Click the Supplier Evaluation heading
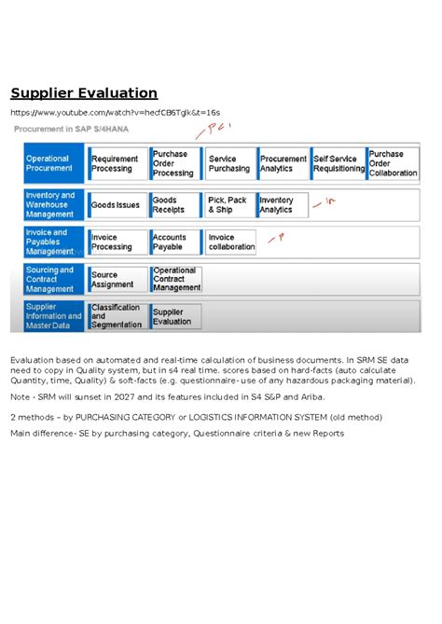(84, 93)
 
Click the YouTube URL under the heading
(115, 113)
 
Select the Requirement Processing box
(116, 164)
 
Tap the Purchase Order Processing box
(173, 164)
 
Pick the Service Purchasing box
(228, 164)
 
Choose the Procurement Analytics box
(283, 164)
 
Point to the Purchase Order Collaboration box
(394, 164)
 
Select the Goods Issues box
(116, 204)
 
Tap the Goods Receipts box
(173, 204)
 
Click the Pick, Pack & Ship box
(228, 204)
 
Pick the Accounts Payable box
(173, 243)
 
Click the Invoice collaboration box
(230, 243)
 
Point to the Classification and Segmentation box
(116, 316)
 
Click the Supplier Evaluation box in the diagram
(174, 316)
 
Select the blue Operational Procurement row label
(52, 164)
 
